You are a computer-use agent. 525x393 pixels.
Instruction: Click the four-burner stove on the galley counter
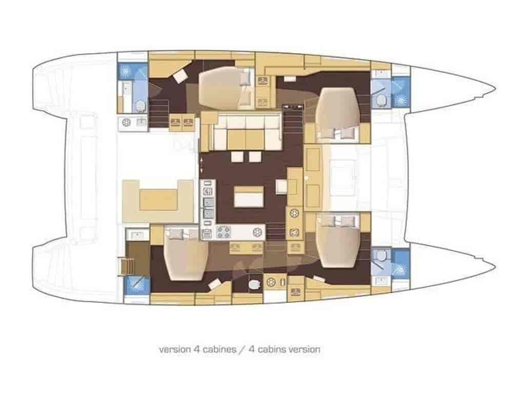click(223, 232)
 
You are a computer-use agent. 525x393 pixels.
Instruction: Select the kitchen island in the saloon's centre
click(249, 196)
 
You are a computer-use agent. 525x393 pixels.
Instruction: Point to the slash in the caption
click(243, 350)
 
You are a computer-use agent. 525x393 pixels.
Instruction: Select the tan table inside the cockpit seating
click(158, 200)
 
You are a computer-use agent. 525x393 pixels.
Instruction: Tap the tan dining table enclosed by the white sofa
click(246, 140)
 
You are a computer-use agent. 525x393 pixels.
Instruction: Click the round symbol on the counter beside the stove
click(257, 232)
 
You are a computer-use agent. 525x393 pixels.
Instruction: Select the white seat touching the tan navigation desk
click(281, 186)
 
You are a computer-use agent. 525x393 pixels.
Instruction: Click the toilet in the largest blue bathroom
click(140, 106)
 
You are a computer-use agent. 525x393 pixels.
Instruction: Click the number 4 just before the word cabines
click(196, 350)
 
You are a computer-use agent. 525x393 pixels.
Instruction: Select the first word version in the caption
click(174, 350)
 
